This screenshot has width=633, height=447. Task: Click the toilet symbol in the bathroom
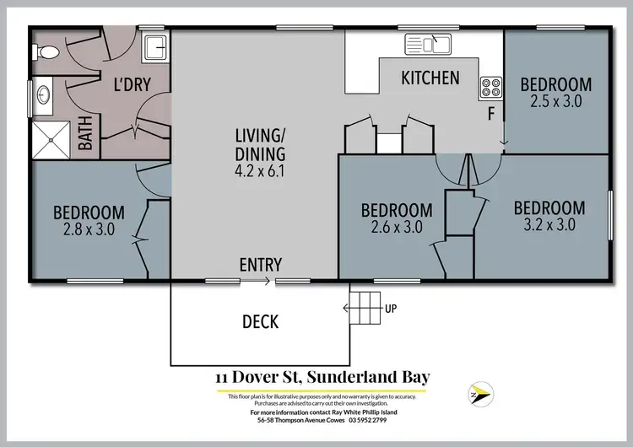coord(48,52)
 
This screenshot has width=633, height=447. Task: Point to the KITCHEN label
coord(430,78)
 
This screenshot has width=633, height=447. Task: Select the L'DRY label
coord(132,83)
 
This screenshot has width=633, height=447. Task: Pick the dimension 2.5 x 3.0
coord(555,101)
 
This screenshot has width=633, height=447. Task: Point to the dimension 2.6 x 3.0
coord(397,227)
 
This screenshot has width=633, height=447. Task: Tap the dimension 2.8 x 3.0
coord(89,229)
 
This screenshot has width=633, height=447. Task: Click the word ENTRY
coord(261,265)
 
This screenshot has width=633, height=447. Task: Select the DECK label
coord(260,321)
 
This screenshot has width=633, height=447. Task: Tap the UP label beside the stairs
coord(390,309)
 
